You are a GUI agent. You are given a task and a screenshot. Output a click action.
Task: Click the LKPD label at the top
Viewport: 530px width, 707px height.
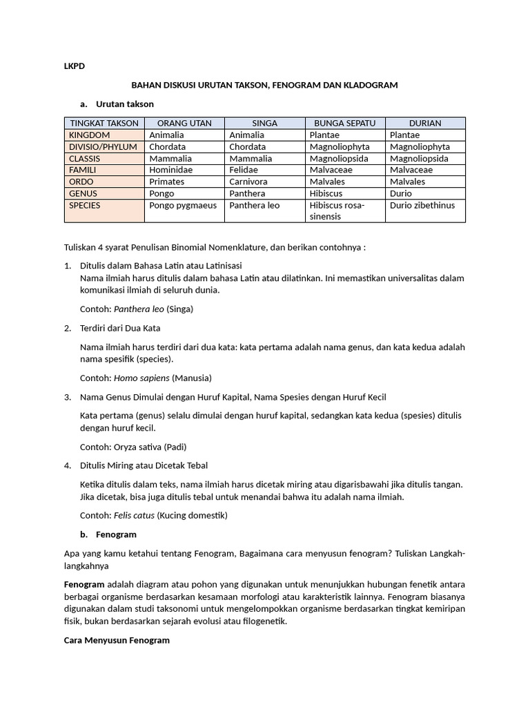pos(74,66)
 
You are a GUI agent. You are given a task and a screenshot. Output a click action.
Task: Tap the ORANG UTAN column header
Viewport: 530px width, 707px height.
pos(184,123)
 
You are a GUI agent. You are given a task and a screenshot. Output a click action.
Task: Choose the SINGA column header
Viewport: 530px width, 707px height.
pos(264,123)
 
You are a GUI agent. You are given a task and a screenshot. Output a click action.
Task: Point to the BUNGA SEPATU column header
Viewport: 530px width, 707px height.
pos(344,123)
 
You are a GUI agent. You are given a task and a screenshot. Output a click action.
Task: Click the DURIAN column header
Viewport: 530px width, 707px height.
pos(425,123)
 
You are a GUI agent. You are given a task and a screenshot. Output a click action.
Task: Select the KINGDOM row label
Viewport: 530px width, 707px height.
pos(89,135)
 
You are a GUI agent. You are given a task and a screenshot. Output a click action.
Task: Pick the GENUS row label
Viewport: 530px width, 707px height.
pos(84,193)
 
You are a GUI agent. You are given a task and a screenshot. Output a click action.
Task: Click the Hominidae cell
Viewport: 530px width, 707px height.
pos(170,170)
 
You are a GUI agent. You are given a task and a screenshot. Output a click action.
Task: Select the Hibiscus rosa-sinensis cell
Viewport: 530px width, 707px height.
pos(337,211)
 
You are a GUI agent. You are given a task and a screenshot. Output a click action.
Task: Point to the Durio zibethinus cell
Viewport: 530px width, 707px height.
pos(423,205)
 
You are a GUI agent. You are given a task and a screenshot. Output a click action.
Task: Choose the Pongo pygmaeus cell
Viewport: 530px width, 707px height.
pos(182,205)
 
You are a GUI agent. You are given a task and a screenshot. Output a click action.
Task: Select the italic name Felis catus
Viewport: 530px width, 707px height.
pos(134,515)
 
